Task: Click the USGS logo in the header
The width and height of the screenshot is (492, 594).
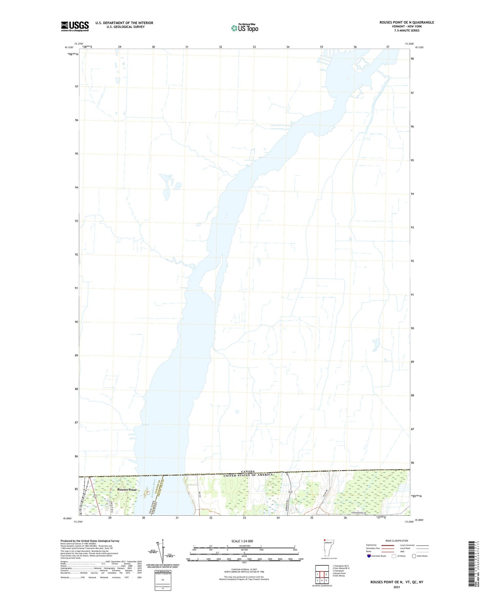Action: click(x=75, y=26)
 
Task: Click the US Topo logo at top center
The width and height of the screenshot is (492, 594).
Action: click(x=244, y=28)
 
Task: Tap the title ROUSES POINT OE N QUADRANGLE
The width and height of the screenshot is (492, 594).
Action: click(x=407, y=22)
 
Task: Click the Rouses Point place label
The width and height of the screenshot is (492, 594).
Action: click(x=127, y=490)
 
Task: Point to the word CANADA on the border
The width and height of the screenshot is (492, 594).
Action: click(x=248, y=472)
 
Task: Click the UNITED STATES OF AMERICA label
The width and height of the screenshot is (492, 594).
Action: click(x=248, y=475)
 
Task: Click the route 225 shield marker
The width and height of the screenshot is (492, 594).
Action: click(x=290, y=492)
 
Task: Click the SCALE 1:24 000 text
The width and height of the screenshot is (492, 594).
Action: click(x=242, y=541)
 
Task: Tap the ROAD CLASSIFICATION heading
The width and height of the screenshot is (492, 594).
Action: click(x=397, y=541)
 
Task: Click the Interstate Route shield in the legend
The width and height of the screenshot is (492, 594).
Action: click(x=369, y=556)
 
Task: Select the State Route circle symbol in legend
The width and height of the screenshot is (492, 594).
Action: click(x=414, y=556)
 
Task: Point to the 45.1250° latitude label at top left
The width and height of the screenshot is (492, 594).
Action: click(x=68, y=48)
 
